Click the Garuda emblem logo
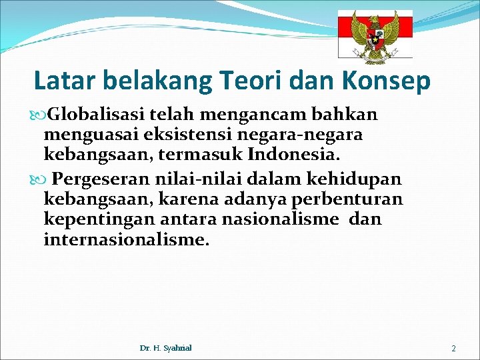[x=375, y=36]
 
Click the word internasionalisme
[x=127, y=239]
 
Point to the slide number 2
[x=453, y=348]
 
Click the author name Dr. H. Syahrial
[x=166, y=347]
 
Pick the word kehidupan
[x=365, y=179]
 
